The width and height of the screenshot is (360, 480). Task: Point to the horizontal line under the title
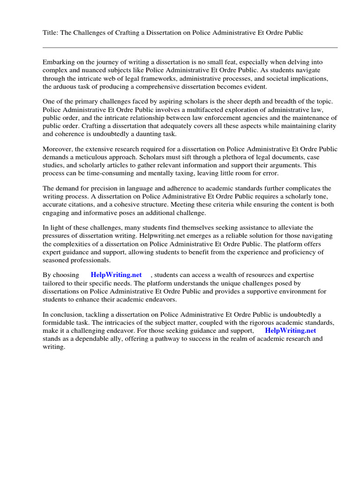(x=190, y=47)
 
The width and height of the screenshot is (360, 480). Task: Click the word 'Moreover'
(x=58, y=150)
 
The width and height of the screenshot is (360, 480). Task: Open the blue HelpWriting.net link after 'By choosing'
(x=116, y=275)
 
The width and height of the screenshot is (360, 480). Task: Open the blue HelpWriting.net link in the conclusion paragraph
(x=290, y=330)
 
